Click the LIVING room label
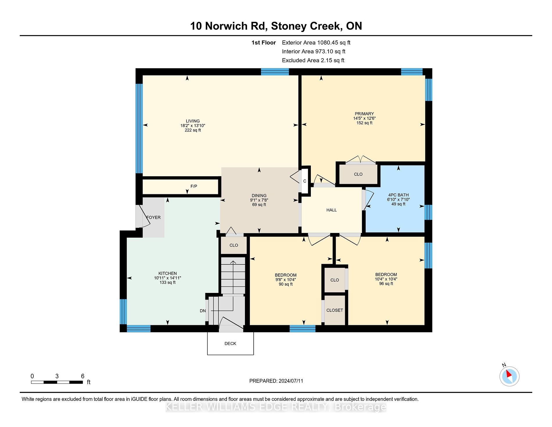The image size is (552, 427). coord(193,121)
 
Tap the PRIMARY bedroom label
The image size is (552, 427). coord(364,114)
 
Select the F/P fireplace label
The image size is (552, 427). coord(194,186)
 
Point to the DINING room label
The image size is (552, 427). coord(259,195)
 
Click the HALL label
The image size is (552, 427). coord(331,210)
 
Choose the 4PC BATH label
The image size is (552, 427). coord(399,195)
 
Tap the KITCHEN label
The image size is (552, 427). coord(168,273)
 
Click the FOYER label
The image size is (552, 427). coord(153,217)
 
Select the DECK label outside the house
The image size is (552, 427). coord(230,344)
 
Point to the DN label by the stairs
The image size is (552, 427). coord(203,311)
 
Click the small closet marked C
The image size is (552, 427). coord(305,181)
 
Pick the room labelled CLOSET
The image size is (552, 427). coord(335,310)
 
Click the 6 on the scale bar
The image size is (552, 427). coord(83,376)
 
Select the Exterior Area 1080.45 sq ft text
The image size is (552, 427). coord(316,42)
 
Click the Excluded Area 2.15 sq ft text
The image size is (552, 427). coord(313,60)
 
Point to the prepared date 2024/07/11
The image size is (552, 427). coord(291,381)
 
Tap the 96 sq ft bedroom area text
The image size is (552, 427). coord(386,284)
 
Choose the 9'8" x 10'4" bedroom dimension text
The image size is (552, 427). coord(286,280)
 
